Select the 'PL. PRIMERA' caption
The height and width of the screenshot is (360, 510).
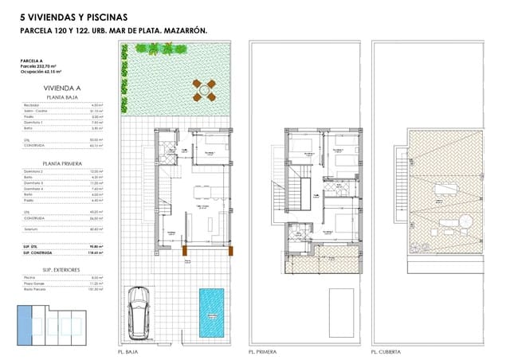point(262,351)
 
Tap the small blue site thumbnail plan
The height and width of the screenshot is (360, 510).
point(50,320)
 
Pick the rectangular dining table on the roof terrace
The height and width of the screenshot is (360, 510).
point(445,189)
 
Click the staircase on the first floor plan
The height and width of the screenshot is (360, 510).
point(299,195)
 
